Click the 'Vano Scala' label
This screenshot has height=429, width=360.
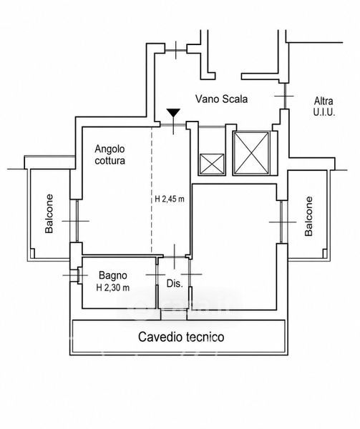[221, 99]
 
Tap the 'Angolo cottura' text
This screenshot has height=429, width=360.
[110, 154]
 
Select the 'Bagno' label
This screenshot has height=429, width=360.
[113, 275]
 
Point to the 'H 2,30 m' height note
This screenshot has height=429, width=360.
[113, 287]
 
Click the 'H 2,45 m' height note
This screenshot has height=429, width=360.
[170, 199]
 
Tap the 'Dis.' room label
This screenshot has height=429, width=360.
[175, 283]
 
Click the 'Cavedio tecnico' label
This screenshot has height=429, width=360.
[181, 337]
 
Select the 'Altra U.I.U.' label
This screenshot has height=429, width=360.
[324, 107]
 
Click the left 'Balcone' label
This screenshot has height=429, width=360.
[49, 214]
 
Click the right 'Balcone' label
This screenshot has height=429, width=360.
[308, 216]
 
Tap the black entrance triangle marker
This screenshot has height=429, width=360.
[174, 112]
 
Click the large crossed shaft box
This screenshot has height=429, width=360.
[251, 153]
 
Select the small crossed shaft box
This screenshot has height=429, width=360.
[212, 164]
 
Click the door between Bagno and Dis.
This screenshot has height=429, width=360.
[157, 275]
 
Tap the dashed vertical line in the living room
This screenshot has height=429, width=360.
[152, 190]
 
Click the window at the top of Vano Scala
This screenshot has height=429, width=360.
[176, 49]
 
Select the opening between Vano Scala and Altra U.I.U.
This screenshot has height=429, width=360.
[284, 96]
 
